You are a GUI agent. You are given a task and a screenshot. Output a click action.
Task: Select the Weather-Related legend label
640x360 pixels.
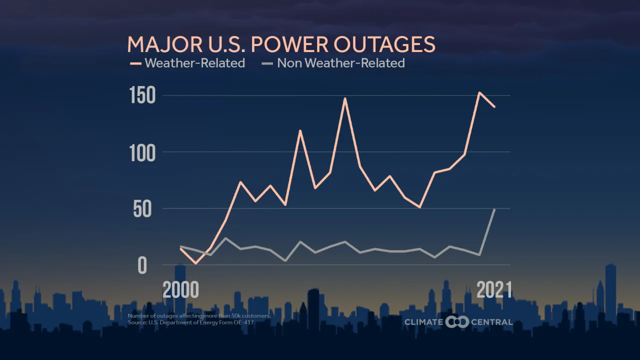click(195, 63)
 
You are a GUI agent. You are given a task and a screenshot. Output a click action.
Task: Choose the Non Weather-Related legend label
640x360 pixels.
click(340, 63)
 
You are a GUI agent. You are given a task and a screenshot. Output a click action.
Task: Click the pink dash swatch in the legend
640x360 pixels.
click(135, 63)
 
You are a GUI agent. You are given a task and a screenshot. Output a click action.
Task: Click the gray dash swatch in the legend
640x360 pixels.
click(267, 63)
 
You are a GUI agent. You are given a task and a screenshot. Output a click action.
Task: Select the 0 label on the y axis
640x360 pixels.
click(142, 265)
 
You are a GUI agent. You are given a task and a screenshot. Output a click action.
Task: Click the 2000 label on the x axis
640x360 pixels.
click(180, 290)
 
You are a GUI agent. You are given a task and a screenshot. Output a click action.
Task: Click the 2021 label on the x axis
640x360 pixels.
click(494, 290)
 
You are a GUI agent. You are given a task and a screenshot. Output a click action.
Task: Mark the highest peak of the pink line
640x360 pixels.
click(479, 92)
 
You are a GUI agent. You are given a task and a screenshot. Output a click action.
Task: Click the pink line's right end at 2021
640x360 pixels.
click(494, 106)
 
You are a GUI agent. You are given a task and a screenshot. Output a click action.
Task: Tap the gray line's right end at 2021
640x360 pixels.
click(494, 209)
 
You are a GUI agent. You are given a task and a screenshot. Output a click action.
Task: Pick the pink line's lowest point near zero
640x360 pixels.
click(195, 263)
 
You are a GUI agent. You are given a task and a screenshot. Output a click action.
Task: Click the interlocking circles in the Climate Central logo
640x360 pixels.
click(457, 322)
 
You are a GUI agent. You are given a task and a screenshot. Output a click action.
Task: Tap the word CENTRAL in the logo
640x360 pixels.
click(492, 322)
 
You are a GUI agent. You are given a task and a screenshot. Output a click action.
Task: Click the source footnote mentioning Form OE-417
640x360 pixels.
click(191, 322)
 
